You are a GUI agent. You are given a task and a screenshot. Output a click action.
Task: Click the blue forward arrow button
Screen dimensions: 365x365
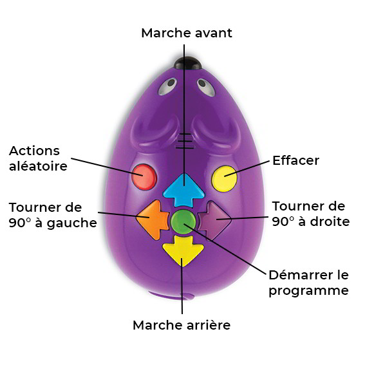tap(184, 191)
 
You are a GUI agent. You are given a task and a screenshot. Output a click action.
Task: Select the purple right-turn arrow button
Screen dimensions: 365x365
tap(214, 220)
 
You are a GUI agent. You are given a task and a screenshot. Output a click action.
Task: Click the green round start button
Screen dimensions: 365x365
tap(183, 221)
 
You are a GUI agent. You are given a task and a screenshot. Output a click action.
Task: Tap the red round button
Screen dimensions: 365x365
tap(144, 177)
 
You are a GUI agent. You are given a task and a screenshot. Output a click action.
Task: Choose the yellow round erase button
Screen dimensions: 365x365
tap(225, 178)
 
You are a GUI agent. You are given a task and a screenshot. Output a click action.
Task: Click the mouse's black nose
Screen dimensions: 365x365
tap(187, 63)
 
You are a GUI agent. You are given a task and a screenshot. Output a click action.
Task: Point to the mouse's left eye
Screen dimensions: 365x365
tap(167, 86)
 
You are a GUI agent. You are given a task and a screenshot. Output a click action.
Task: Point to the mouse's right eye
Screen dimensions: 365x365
tap(206, 88)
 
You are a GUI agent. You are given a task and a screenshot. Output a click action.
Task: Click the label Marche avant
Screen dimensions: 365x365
tap(187, 33)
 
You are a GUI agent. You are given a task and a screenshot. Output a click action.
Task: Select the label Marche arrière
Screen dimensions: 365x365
tap(182, 325)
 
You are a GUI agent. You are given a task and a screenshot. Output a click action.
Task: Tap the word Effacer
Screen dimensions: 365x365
tap(296, 160)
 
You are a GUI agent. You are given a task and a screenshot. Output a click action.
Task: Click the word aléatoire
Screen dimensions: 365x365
tap(38, 165)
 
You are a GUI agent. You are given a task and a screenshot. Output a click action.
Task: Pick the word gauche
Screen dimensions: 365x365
tap(71, 223)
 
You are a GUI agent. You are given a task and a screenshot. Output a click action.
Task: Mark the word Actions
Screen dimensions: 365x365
tap(35, 151)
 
